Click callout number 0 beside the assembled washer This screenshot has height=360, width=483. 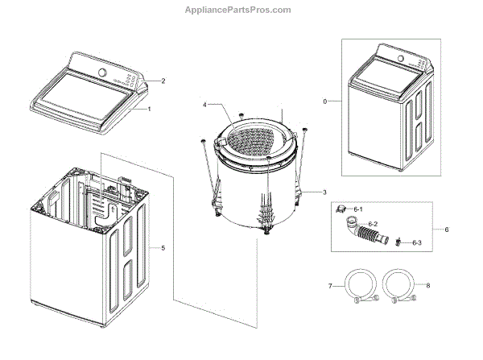tap(325, 102)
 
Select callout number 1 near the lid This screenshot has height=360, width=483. tap(158, 109)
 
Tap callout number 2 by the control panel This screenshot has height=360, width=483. tap(163, 81)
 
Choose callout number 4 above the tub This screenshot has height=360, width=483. tap(205, 105)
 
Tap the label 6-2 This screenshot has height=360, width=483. tap(373, 223)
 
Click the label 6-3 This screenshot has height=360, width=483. tap(416, 242)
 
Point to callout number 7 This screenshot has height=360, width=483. tap(330, 286)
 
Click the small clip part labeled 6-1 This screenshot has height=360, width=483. tap(342, 209)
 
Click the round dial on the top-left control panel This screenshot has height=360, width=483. tap(103, 72)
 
